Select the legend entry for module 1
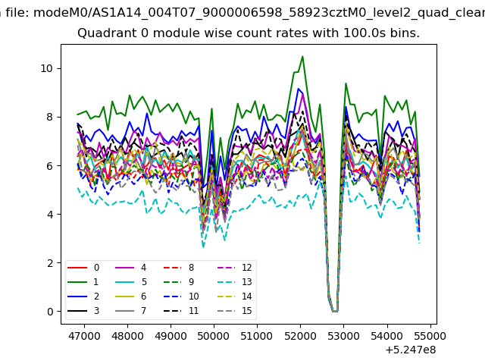point(83,282)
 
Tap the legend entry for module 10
point(181,297)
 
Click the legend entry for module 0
point(83,268)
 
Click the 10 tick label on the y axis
point(47,68)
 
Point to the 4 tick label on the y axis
point(50,214)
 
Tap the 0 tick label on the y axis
point(50,312)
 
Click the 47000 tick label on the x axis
point(84,336)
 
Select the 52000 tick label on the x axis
point(300,336)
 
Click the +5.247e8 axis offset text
point(411,350)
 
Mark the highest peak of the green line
point(302,56)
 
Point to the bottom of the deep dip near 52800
point(335,311)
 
